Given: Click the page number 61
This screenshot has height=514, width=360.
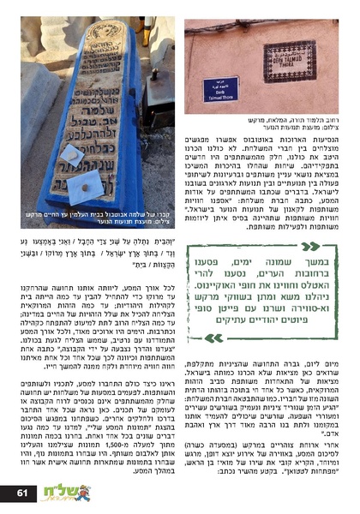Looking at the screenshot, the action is [22, 493].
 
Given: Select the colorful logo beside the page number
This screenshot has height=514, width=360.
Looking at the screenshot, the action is [63, 493].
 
